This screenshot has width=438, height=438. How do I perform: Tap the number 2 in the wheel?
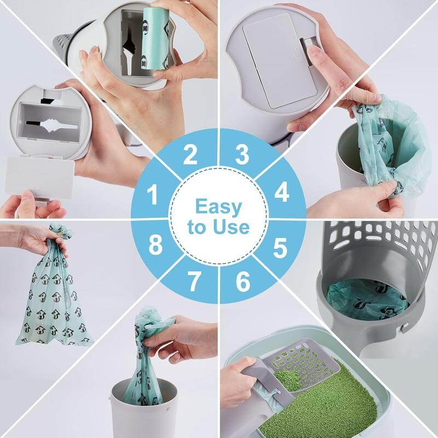(x=190, y=155)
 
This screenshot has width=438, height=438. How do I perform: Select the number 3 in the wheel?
(x=243, y=155)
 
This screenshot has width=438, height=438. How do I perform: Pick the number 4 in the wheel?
(x=282, y=192)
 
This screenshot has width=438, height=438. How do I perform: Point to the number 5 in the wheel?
(x=280, y=248)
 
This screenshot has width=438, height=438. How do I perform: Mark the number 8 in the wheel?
(x=155, y=246)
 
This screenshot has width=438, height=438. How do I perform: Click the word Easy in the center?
(x=218, y=207)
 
